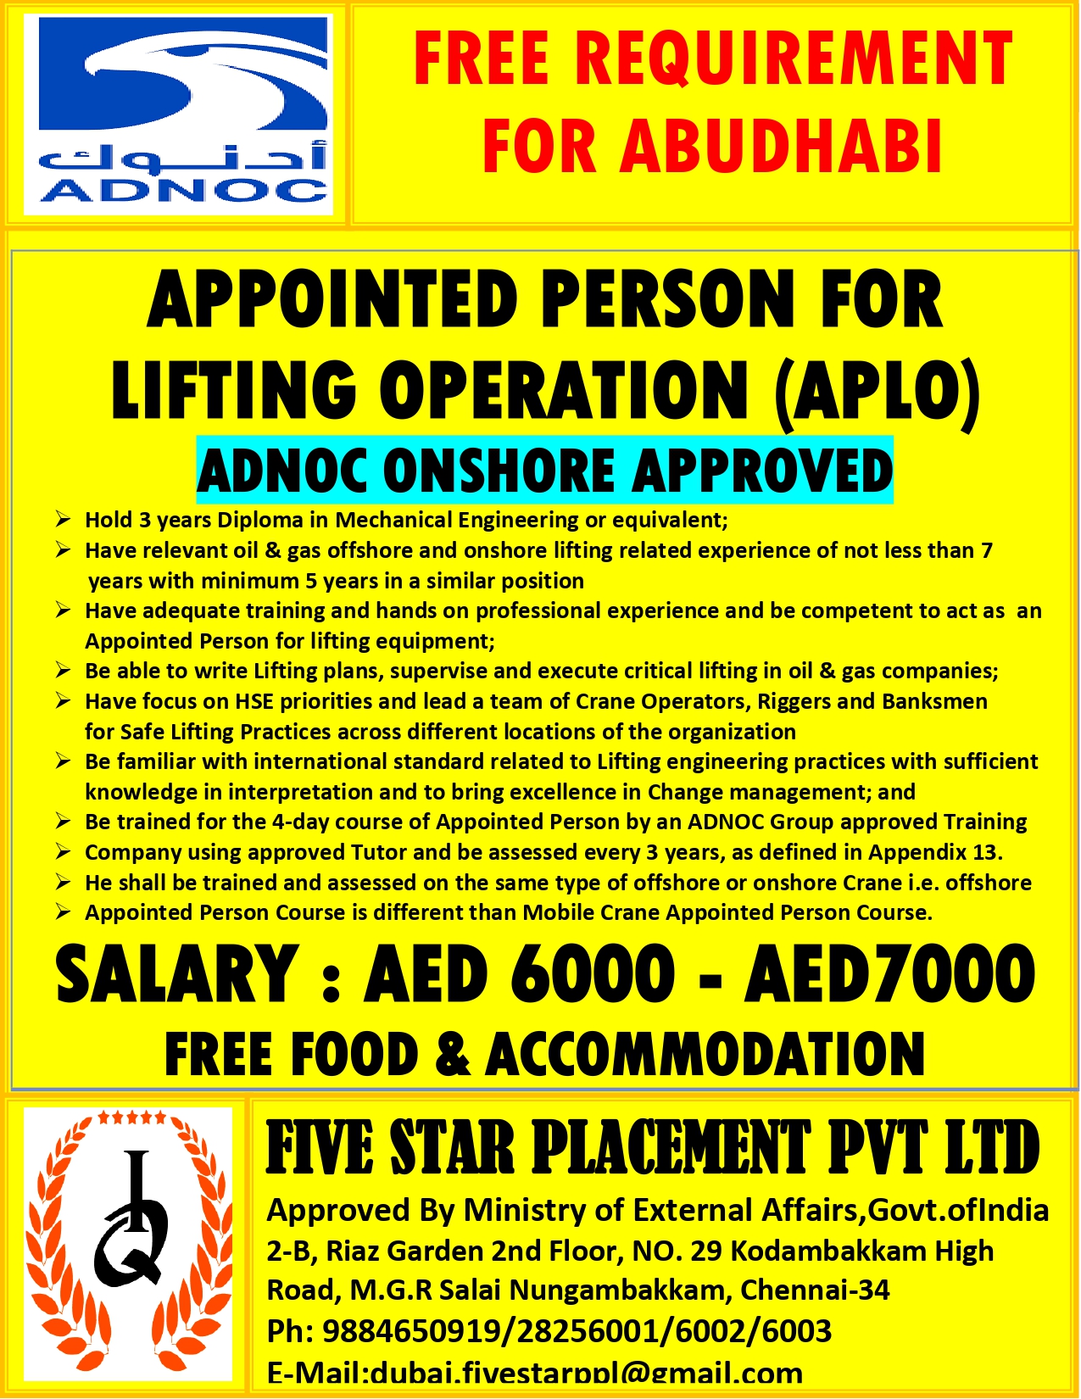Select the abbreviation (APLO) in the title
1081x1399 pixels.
(x=877, y=391)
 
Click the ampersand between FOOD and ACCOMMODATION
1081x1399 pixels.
(x=452, y=1055)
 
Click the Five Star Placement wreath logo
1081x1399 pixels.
(x=128, y=1243)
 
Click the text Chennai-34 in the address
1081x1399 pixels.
(x=815, y=1290)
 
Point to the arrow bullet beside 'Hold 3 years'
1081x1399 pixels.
(x=63, y=519)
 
